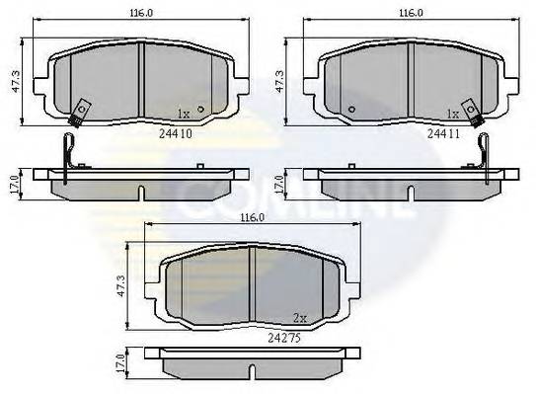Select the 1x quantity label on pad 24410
[183, 113]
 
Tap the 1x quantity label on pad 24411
[453, 113]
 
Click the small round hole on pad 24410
[200, 109]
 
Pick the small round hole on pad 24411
[351, 109]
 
